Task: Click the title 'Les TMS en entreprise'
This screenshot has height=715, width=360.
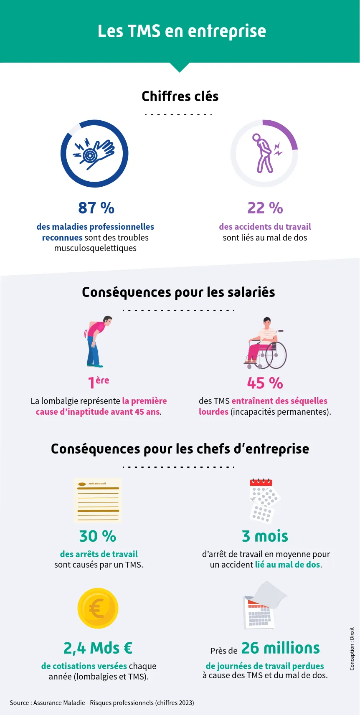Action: (182, 31)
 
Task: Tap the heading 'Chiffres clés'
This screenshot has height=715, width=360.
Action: (180, 96)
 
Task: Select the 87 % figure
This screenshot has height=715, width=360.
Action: (96, 208)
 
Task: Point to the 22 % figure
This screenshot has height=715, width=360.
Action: (265, 208)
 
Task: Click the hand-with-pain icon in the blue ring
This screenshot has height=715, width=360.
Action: (94, 154)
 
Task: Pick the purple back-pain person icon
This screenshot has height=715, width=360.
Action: (265, 154)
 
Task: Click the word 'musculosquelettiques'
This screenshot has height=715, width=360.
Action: (95, 248)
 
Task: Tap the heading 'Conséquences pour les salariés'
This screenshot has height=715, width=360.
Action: (178, 292)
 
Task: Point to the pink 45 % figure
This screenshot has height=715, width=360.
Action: (265, 383)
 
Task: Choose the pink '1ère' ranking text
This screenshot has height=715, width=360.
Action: (98, 382)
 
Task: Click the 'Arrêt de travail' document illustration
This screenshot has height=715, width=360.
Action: (98, 500)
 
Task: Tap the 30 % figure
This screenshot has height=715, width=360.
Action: (98, 536)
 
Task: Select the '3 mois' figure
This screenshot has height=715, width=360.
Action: (265, 536)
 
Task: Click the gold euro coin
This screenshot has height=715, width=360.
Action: (98, 609)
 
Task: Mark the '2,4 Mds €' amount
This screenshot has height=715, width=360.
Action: (98, 648)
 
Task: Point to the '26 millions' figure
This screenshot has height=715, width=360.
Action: (280, 648)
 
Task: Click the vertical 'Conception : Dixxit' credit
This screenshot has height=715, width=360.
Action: (352, 649)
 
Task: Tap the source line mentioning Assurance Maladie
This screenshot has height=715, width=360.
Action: (102, 703)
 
